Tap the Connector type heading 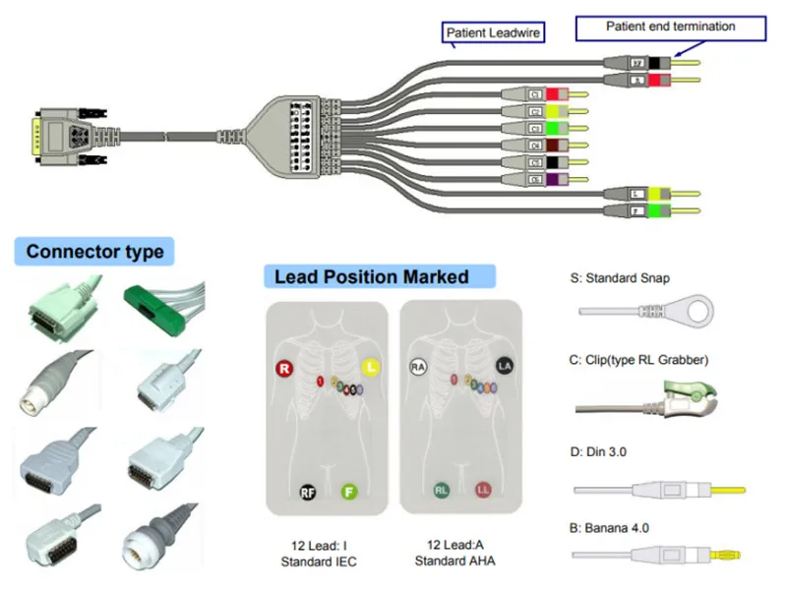coord(94,252)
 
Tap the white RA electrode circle coord(418,369)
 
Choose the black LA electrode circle coord(505,368)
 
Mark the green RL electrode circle coord(442,489)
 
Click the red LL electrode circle coord(483,489)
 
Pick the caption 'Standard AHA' coord(454,561)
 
